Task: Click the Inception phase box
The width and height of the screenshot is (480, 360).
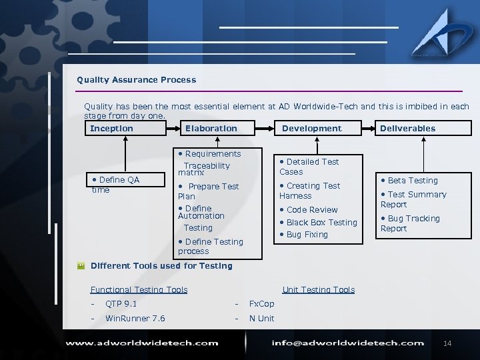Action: click(x=112, y=129)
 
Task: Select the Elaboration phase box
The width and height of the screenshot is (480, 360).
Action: click(x=211, y=129)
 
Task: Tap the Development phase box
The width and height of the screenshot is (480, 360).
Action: click(x=311, y=129)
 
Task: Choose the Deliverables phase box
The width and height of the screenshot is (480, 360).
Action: click(x=407, y=129)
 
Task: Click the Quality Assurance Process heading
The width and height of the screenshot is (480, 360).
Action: click(x=136, y=80)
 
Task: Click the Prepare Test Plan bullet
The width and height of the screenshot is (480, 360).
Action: click(x=209, y=191)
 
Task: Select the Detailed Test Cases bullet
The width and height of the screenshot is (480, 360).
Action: click(x=309, y=167)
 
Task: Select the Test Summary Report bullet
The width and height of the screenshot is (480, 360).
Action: click(x=413, y=199)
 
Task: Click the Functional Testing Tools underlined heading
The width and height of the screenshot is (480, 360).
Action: click(x=139, y=290)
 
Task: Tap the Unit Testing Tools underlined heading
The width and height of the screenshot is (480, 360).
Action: click(x=318, y=290)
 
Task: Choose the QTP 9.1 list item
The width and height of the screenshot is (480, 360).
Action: click(x=121, y=304)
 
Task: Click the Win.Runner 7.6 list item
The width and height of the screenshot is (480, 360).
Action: click(x=135, y=319)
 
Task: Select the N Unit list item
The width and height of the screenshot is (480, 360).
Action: click(x=261, y=319)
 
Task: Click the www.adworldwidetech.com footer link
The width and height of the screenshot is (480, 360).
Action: click(x=141, y=343)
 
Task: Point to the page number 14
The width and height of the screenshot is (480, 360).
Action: click(x=447, y=343)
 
